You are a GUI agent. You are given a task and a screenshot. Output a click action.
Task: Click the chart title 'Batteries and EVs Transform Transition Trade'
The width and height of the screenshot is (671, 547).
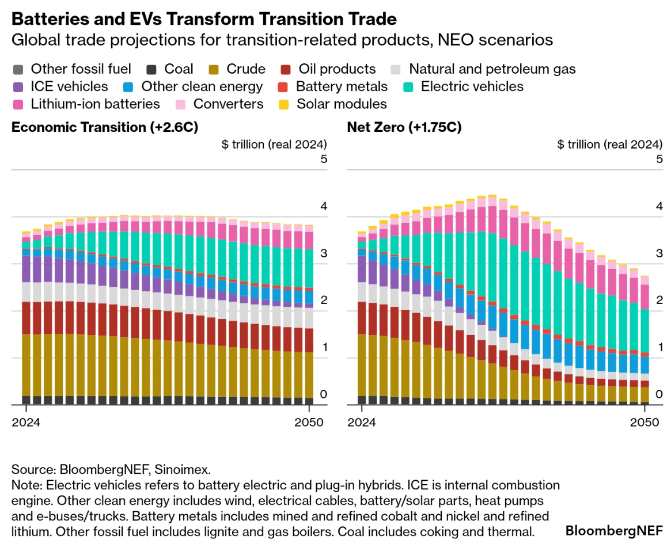[204, 19]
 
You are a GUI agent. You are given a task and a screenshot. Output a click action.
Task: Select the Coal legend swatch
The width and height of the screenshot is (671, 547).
[151, 70]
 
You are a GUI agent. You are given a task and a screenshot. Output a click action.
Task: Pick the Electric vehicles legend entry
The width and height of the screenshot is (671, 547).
[464, 87]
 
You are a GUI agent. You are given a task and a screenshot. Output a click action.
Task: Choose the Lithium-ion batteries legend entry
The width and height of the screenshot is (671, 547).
[86, 104]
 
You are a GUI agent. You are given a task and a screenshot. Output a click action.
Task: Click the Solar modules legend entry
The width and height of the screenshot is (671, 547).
[333, 104]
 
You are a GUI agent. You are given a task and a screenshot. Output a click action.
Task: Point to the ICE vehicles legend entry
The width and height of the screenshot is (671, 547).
[60, 87]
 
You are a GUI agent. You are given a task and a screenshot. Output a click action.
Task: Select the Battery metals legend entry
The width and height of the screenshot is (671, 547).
[333, 87]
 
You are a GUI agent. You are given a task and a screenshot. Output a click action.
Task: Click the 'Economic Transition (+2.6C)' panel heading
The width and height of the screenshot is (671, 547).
[105, 127]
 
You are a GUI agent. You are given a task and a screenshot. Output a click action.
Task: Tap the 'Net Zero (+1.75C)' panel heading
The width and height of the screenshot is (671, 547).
[404, 127]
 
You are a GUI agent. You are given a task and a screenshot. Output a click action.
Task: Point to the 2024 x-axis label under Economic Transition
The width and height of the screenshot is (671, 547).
[26, 422]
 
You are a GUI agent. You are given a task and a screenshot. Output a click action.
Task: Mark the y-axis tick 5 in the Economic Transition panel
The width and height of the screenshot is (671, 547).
[323, 159]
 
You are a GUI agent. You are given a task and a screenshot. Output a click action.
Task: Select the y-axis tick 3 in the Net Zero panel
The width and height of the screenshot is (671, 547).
[659, 253]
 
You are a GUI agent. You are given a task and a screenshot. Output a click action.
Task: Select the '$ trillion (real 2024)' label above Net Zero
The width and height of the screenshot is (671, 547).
[609, 144]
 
